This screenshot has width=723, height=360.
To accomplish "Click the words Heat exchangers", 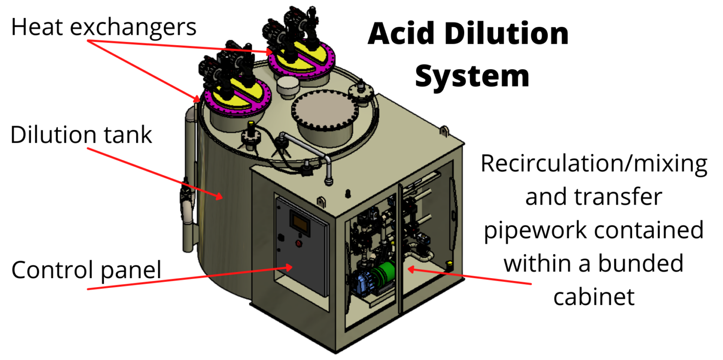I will coord(103,27).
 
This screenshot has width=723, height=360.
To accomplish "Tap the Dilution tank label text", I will coord(81,135).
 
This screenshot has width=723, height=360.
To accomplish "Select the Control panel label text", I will coord(86,270).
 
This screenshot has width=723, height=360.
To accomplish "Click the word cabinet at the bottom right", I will coord(594,296).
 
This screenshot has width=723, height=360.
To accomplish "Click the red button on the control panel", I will coord(298,243).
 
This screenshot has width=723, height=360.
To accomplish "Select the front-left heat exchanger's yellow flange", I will coord(232,96).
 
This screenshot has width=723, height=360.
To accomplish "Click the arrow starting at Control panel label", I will coord(188,278).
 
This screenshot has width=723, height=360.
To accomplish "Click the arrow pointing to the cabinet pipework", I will coord(471,277).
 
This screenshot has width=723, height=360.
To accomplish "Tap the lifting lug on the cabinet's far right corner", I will coord(444,128).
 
